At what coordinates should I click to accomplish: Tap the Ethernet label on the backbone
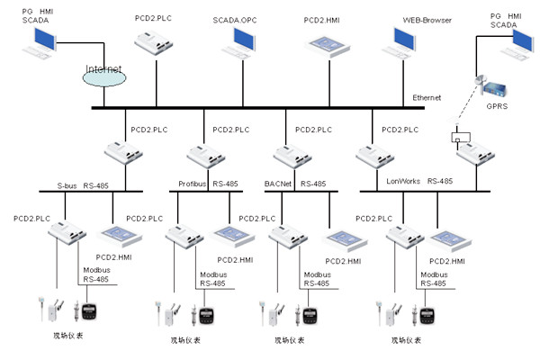pos(427,97)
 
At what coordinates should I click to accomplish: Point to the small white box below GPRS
pos(458,139)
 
